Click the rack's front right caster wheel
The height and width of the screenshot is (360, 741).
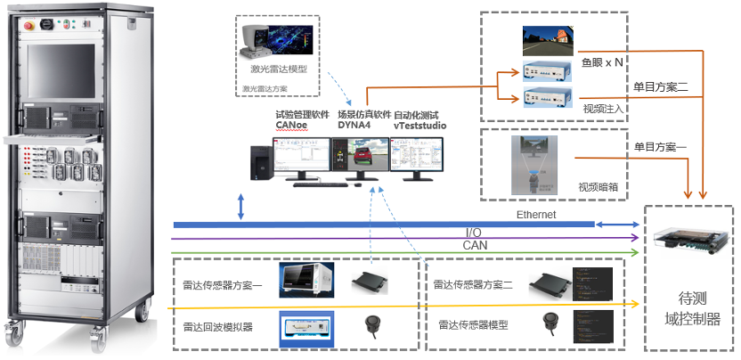click(x=142, y=313)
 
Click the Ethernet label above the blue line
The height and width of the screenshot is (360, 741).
click(x=536, y=215)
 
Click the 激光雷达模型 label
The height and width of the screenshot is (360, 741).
click(x=279, y=68)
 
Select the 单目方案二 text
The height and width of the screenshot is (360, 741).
click(x=661, y=87)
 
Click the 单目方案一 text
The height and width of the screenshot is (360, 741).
click(x=661, y=146)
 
